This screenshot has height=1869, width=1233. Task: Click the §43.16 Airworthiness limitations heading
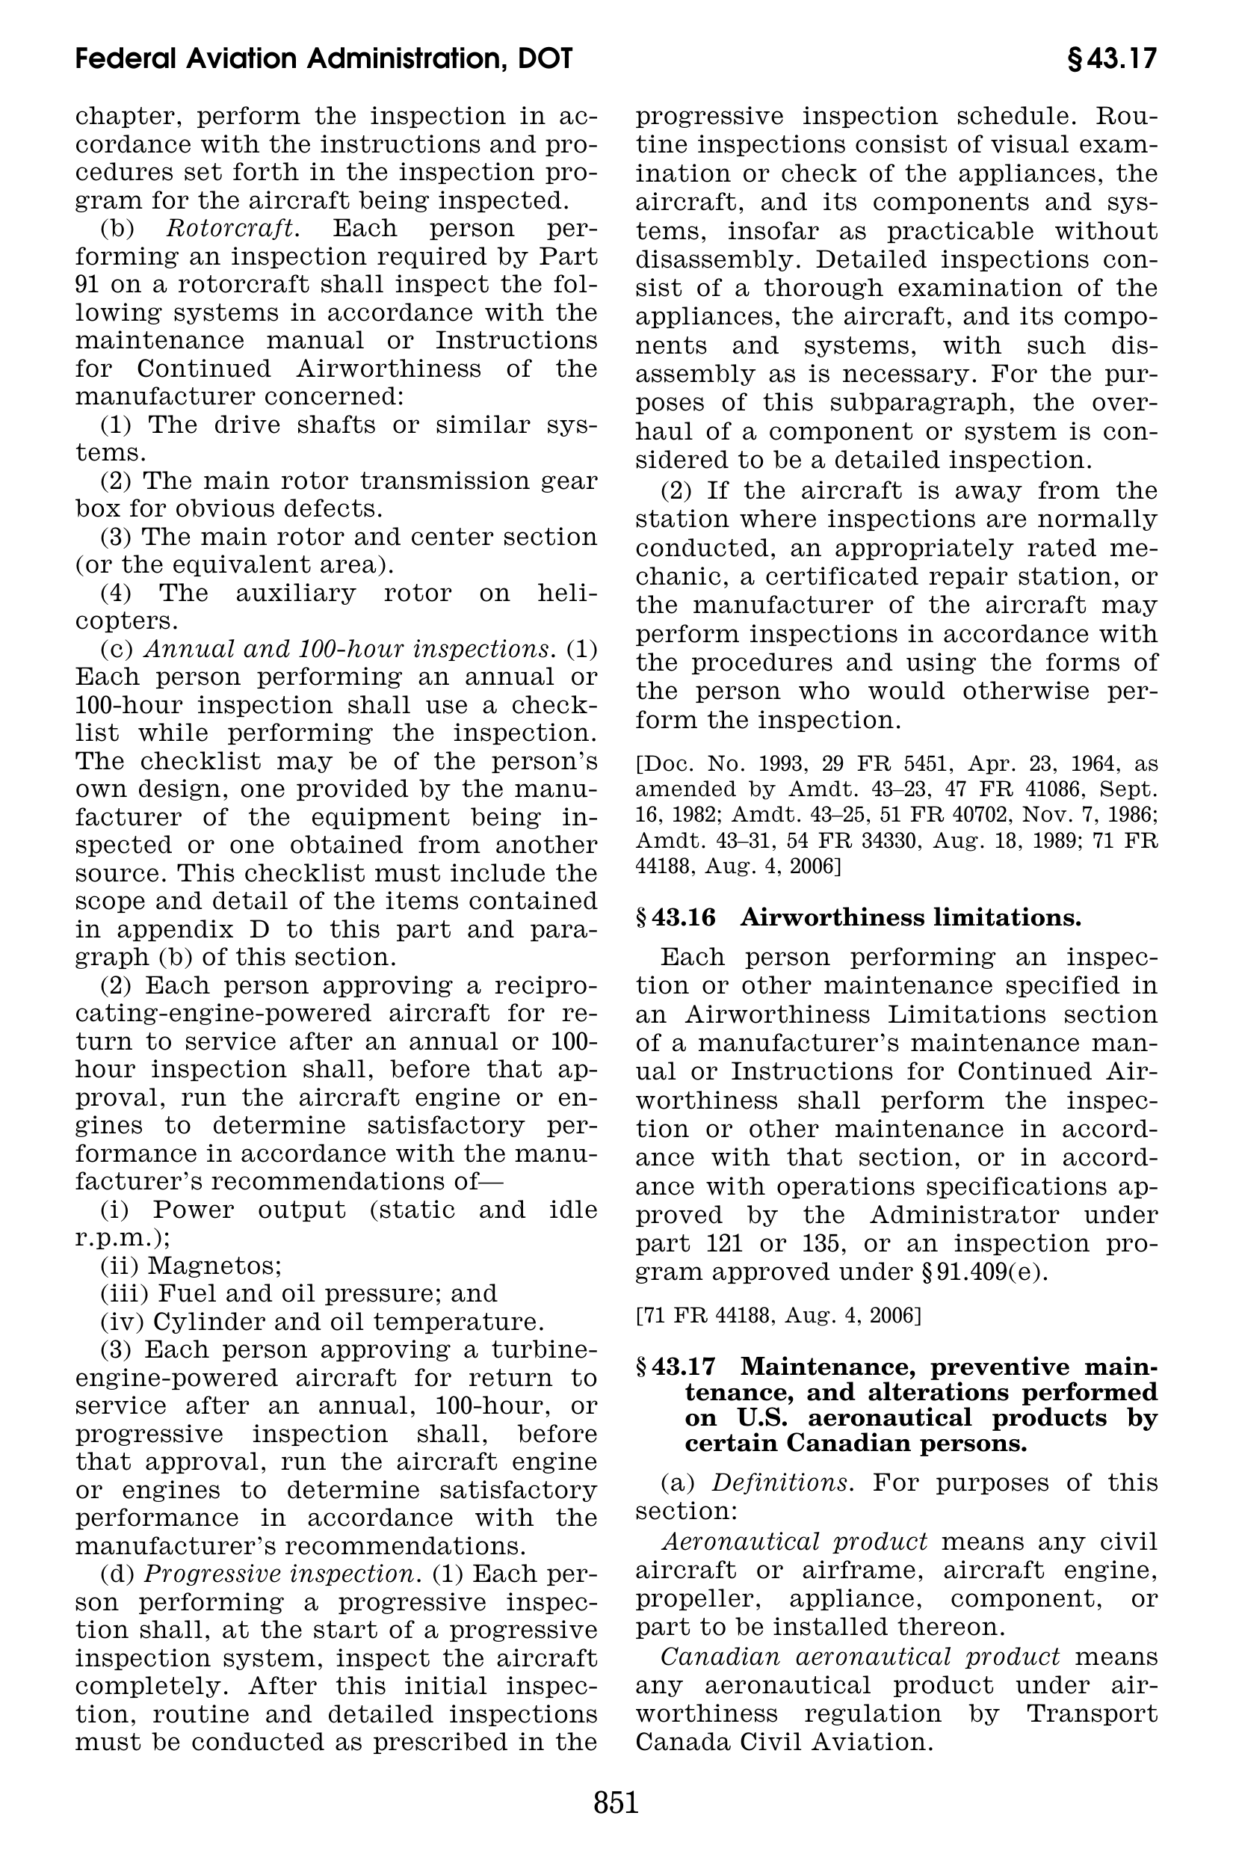(858, 917)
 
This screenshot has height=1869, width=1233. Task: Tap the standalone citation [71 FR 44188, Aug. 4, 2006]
(778, 1314)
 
